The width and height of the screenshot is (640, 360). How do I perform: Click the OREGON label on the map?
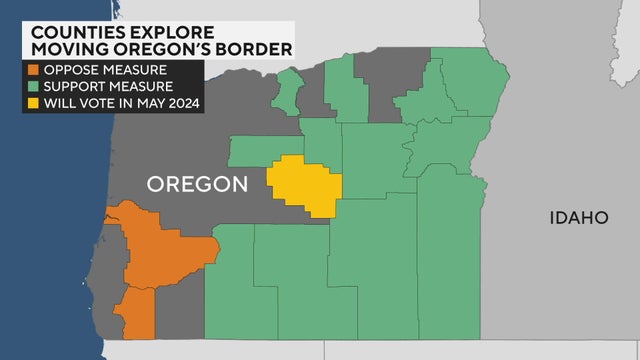(x=197, y=184)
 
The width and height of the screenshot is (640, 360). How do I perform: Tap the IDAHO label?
(x=578, y=217)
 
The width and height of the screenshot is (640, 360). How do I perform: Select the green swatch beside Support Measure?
(x=33, y=88)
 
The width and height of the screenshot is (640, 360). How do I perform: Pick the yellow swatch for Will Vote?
(x=33, y=103)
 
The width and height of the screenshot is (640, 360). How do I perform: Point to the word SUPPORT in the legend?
(x=73, y=88)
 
